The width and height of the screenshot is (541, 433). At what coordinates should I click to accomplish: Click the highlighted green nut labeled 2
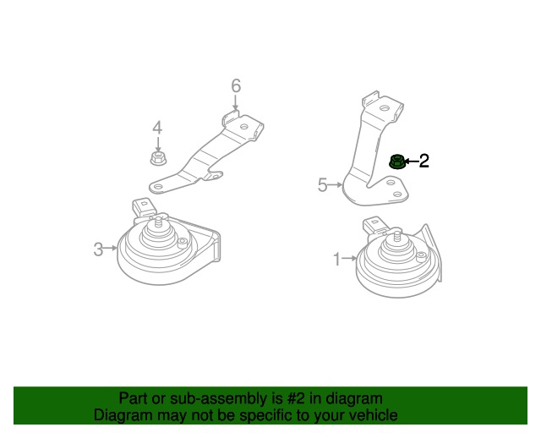pyautogui.click(x=396, y=162)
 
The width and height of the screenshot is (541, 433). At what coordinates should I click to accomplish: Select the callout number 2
pyautogui.click(x=424, y=161)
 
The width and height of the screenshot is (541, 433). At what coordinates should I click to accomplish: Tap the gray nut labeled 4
pyautogui.click(x=158, y=158)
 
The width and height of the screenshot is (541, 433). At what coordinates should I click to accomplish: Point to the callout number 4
pyautogui.click(x=157, y=128)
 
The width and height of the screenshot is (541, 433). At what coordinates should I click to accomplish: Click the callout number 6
pyautogui.click(x=236, y=86)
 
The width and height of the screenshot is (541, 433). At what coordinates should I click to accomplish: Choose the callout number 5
pyautogui.click(x=322, y=185)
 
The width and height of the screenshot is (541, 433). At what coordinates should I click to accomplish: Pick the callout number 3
pyautogui.click(x=98, y=249)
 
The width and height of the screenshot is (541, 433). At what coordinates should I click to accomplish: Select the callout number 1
pyautogui.click(x=337, y=260)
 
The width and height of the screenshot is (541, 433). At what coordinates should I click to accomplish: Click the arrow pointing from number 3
pyautogui.click(x=111, y=249)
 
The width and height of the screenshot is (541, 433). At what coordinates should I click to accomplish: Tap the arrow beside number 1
pyautogui.click(x=349, y=258)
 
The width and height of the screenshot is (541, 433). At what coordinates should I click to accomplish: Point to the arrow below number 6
pyautogui.click(x=236, y=102)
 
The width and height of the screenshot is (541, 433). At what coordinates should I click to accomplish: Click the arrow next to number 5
pyautogui.click(x=335, y=185)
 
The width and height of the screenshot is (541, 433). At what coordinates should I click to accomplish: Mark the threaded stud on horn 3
pyautogui.click(x=159, y=222)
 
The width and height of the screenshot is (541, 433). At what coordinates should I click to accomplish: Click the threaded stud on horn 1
pyautogui.click(x=398, y=237)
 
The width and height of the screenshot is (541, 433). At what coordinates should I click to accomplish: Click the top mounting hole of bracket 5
pyautogui.click(x=385, y=108)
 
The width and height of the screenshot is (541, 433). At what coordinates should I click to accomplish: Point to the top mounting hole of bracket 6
pyautogui.click(x=244, y=127)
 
